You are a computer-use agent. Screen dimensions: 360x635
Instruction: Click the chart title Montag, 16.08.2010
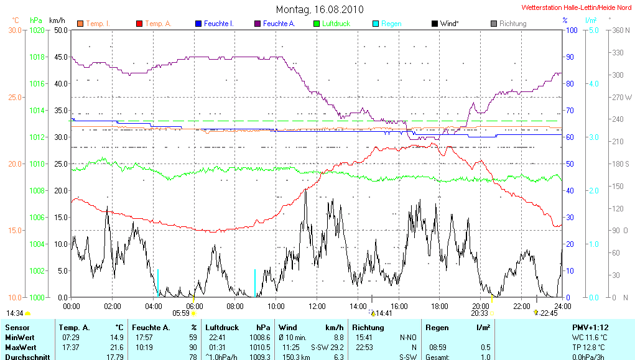point(320,9)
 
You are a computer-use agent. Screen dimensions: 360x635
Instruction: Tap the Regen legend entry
point(391,24)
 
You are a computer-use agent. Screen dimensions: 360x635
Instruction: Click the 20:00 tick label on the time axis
point(480,306)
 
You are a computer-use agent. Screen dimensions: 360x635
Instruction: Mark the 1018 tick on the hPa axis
point(38,57)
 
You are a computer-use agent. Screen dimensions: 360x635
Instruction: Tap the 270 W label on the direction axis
point(622,97)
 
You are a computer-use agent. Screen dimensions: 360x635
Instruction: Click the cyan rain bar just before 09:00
point(255,283)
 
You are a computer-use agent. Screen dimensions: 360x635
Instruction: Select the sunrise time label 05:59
point(180,313)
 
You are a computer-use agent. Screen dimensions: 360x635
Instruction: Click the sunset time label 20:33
point(480,313)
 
